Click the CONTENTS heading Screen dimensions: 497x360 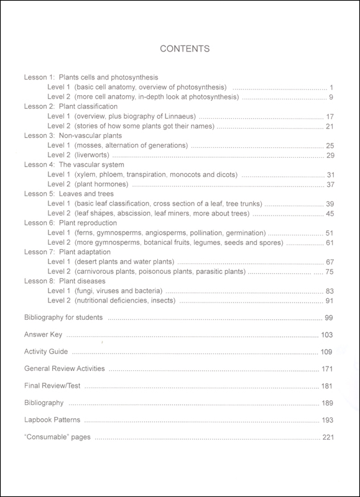(185, 48)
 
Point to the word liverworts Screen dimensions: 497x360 (93, 155)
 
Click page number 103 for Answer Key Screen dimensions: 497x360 (329, 335)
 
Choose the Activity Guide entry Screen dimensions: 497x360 (45, 352)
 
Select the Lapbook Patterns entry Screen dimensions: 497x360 (52, 420)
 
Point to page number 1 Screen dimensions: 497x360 (333, 87)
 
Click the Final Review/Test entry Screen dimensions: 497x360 (53, 386)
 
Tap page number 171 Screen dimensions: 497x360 (329, 369)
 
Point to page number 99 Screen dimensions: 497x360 (331, 317)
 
